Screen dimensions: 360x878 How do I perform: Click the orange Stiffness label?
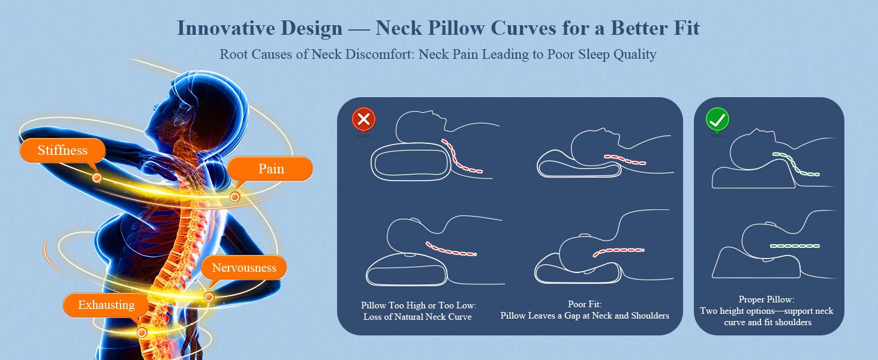pyautogui.click(x=62, y=151)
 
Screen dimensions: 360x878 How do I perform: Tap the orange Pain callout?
pyautogui.click(x=271, y=169)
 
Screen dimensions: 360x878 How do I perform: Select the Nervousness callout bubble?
pyautogui.click(x=243, y=268)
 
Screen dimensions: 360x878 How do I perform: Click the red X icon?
pyautogui.click(x=363, y=120)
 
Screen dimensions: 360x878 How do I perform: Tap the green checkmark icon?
pyautogui.click(x=717, y=120)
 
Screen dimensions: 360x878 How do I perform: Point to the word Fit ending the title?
pyautogui.click(x=686, y=28)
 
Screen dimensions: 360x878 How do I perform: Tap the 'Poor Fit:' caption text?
pyautogui.click(x=584, y=305)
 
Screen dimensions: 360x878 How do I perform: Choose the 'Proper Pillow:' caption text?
pyautogui.click(x=766, y=299)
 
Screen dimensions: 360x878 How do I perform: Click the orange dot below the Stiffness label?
pyautogui.click(x=97, y=178)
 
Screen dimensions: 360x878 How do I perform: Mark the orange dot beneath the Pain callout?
pyautogui.click(x=235, y=196)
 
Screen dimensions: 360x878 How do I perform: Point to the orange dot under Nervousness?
pyautogui.click(x=209, y=296)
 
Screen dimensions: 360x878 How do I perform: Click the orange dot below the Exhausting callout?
pyautogui.click(x=142, y=332)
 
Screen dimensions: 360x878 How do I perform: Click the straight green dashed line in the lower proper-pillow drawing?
pyautogui.click(x=794, y=246)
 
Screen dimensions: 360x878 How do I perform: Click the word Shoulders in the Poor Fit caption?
pyautogui.click(x=650, y=316)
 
